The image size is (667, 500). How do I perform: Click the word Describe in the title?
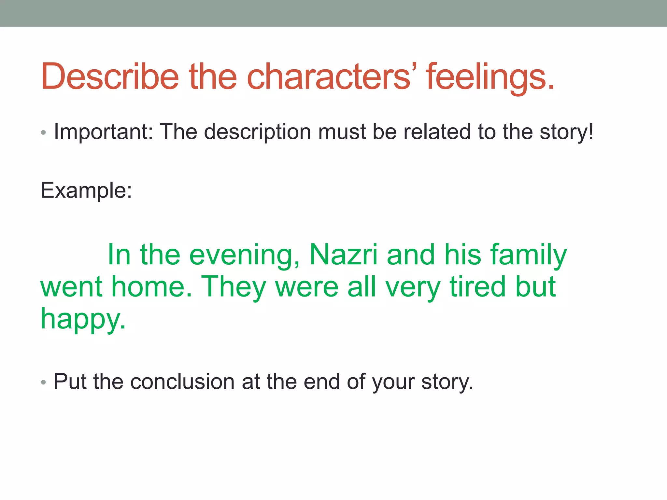110,76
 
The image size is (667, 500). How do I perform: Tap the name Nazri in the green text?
344,255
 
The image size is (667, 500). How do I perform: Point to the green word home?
152,286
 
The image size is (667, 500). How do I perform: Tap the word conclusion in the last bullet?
182,382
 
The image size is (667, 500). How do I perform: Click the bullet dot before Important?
44,133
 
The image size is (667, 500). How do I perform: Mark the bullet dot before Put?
44,382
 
